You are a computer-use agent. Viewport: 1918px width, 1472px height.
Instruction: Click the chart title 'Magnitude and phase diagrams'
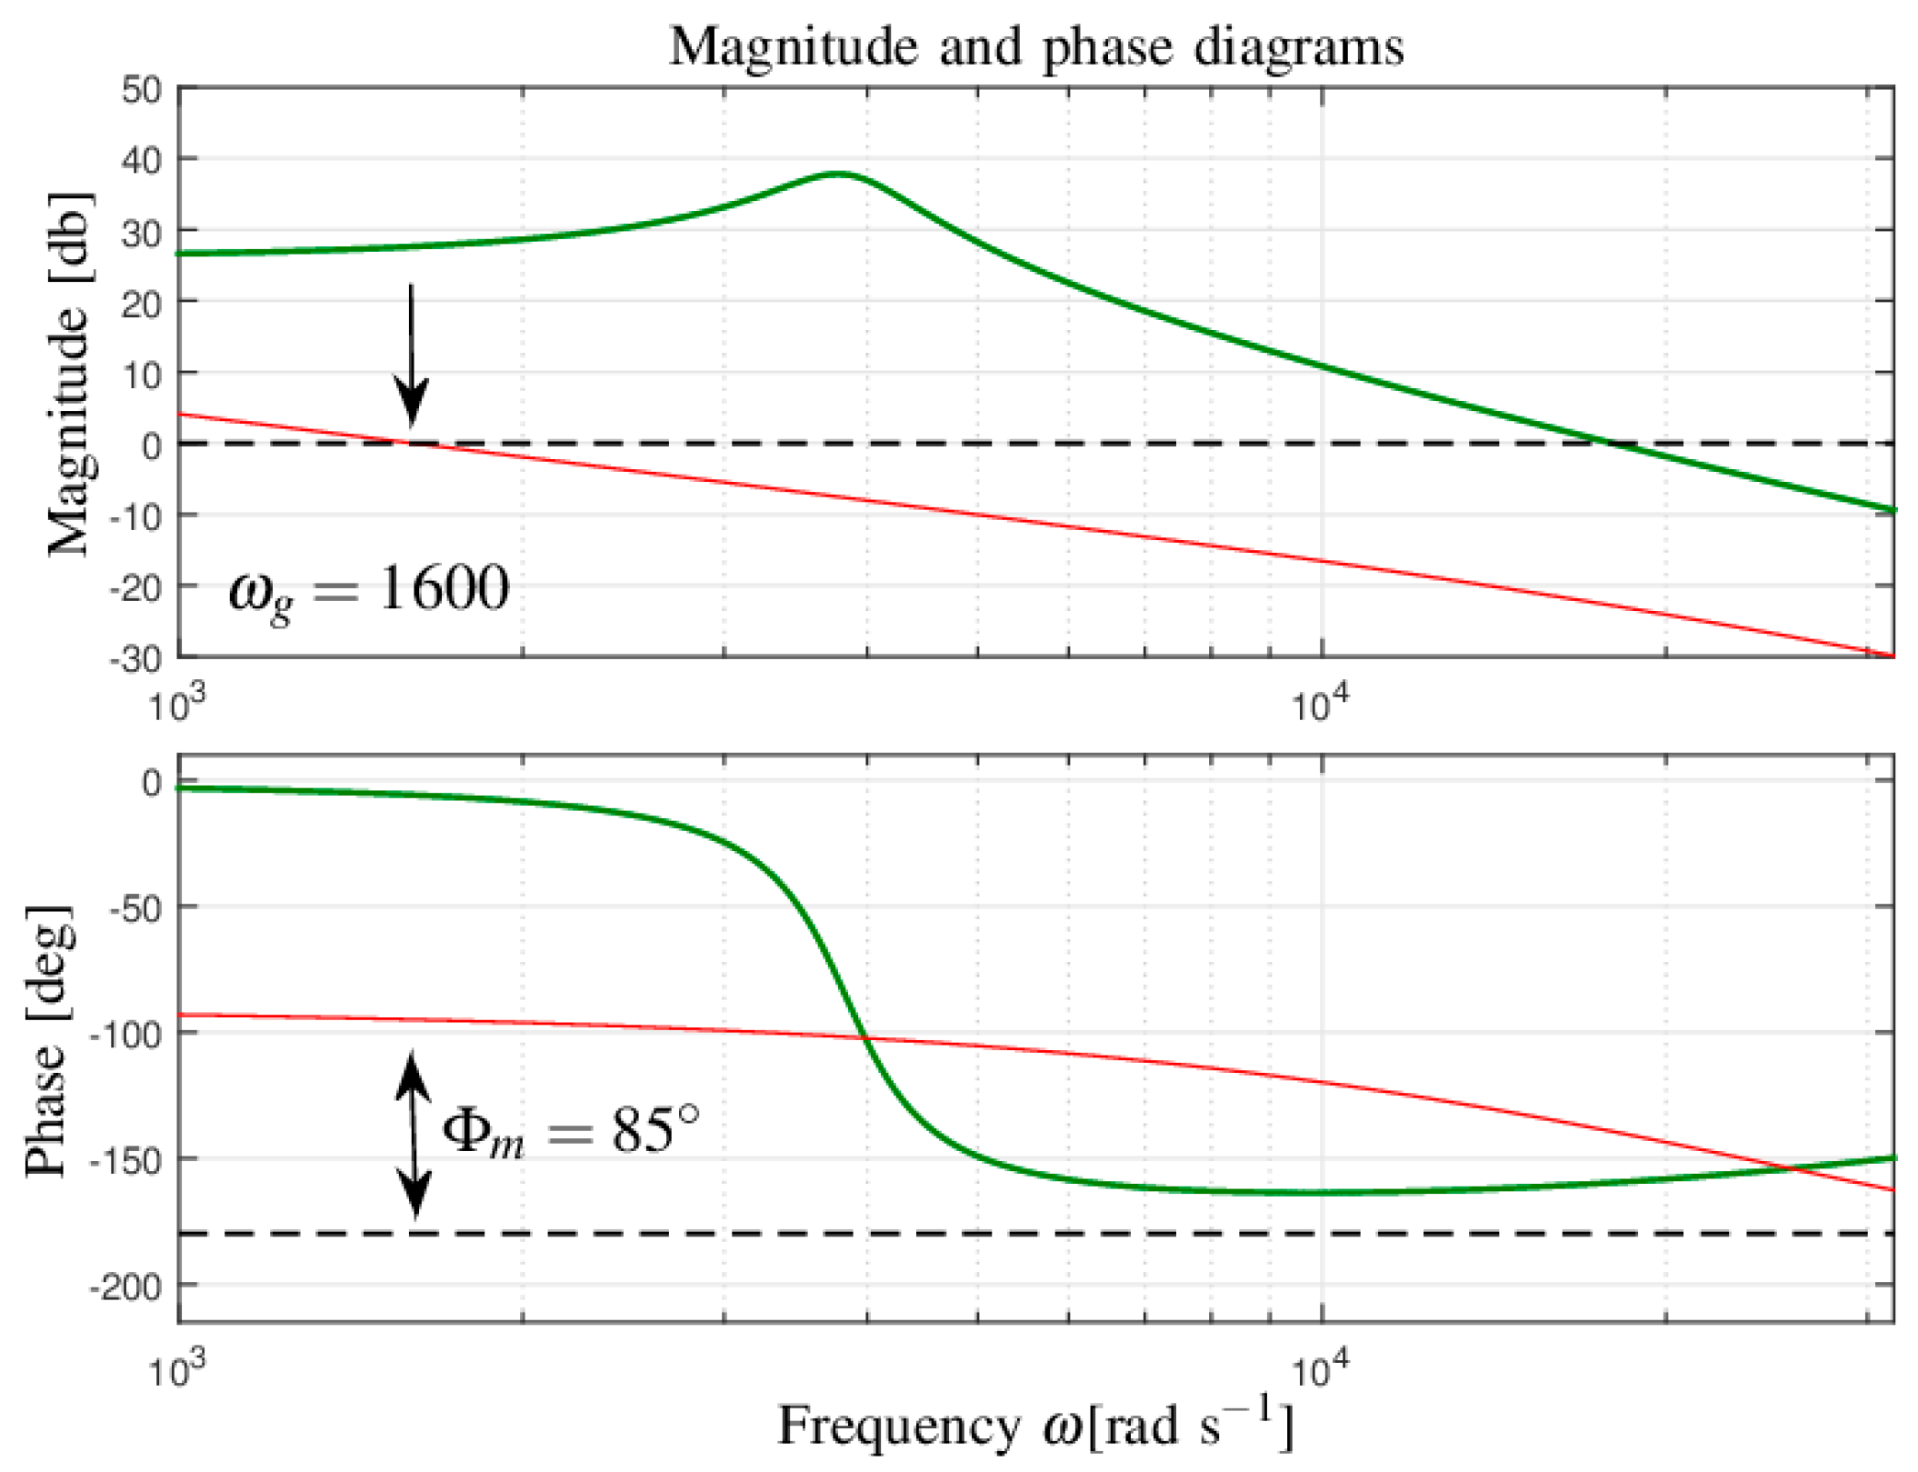[x=1035, y=47]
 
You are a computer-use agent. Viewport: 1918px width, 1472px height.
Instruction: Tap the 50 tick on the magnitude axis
[x=141, y=89]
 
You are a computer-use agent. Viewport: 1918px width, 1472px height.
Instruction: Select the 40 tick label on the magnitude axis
[x=141, y=161]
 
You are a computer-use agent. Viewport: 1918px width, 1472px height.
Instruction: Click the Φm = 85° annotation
[x=571, y=1132]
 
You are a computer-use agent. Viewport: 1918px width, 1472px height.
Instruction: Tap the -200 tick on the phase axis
[x=125, y=1286]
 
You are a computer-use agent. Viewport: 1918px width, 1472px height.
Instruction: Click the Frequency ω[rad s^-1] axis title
[x=1034, y=1426]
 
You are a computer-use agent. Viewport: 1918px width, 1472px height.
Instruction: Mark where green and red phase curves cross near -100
[x=864, y=1037]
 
